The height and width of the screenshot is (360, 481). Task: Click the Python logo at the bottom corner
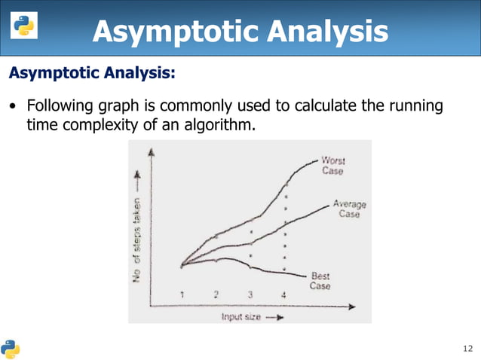pos(11,348)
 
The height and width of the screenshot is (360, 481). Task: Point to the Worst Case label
pos(332,165)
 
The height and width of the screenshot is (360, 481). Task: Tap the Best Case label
pos(320,281)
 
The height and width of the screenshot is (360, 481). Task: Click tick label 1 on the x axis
pos(182,294)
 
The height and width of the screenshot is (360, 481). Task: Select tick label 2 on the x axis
pos(216,294)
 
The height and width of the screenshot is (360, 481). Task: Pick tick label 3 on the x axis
pos(250,294)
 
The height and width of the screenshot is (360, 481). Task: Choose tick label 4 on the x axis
pos(283,294)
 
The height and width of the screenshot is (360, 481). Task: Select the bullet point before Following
pos(13,106)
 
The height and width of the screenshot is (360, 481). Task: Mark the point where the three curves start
pos(182,264)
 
